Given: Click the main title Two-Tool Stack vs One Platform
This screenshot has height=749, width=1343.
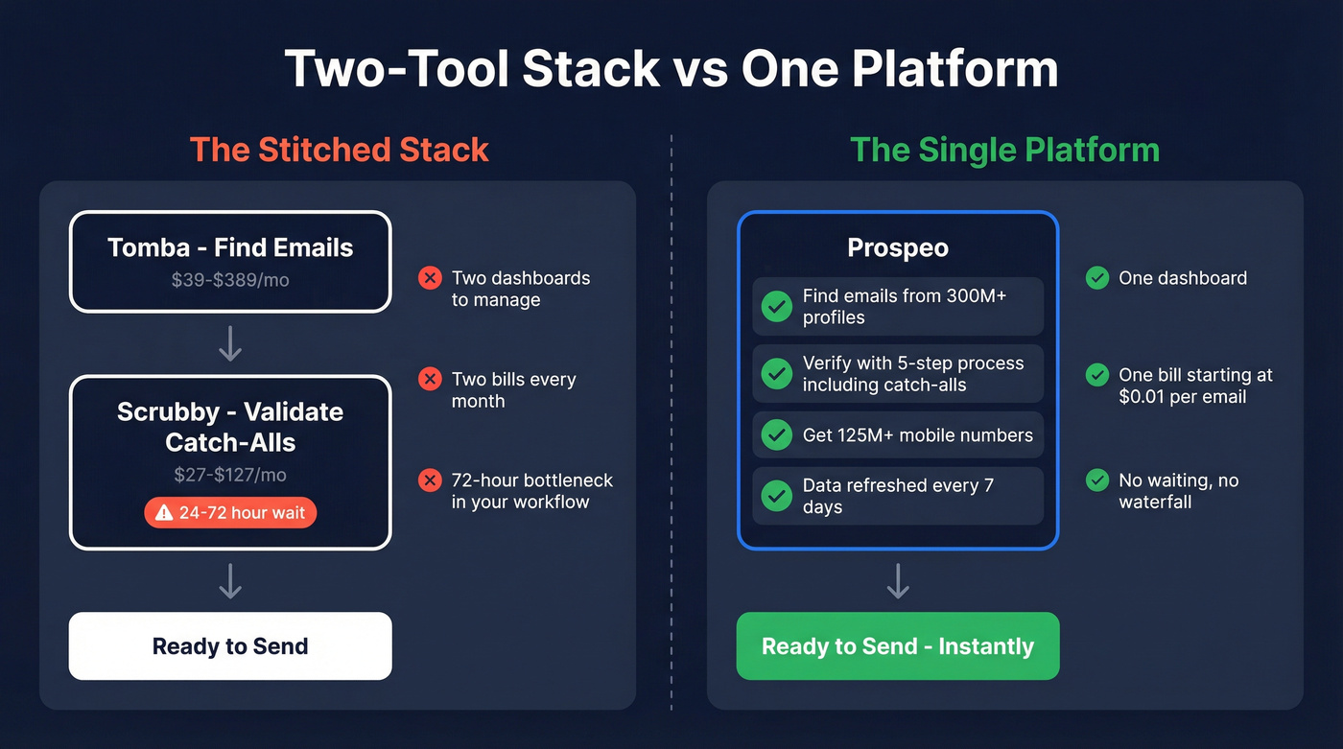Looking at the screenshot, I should click(x=671, y=69).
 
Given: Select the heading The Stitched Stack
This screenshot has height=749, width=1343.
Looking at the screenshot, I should click(x=339, y=150).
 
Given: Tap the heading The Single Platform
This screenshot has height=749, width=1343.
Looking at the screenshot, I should click(x=1004, y=150).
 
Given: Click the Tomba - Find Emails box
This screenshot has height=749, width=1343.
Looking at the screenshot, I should click(x=230, y=261).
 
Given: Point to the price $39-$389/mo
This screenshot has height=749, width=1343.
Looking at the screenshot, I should click(x=230, y=280).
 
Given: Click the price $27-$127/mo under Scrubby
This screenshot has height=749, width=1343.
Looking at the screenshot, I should click(x=230, y=475).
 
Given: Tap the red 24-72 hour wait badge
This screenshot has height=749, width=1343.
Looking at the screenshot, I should click(x=230, y=513).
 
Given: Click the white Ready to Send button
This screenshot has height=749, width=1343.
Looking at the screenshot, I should click(x=230, y=646).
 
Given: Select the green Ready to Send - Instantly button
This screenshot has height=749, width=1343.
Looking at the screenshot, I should click(x=898, y=646).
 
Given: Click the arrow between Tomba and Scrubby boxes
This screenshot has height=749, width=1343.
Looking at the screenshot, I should click(x=230, y=343).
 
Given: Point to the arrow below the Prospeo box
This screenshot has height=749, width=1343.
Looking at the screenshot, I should click(x=898, y=581).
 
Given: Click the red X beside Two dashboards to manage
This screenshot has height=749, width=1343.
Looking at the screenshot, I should click(x=430, y=278).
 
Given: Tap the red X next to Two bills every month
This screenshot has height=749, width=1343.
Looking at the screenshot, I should click(x=430, y=379).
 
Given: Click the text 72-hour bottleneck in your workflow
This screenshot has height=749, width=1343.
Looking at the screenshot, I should click(x=531, y=491).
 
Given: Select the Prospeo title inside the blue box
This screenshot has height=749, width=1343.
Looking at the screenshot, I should click(x=898, y=247).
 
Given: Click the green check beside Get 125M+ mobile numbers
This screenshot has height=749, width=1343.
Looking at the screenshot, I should click(x=776, y=434).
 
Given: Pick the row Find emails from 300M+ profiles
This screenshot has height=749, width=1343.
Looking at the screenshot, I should click(x=898, y=307).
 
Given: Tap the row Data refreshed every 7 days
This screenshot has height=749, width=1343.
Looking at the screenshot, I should click(x=898, y=496).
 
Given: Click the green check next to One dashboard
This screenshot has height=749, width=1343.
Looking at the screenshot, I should click(x=1097, y=278).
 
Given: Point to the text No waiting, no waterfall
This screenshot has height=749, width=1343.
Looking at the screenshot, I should click(x=1178, y=491).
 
